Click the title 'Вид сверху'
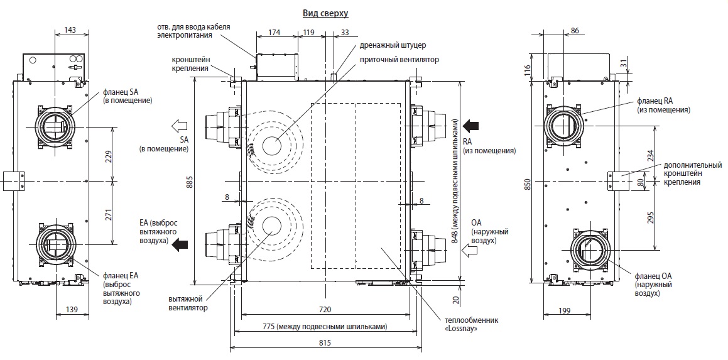pos(325,13)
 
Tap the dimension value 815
pos(325,343)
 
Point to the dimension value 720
pos(325,309)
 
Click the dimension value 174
pos(275,32)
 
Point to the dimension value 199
pos(564,310)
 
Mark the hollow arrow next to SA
pos(179,125)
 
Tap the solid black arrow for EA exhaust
pos(180,245)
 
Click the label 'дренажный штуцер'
pos(393,45)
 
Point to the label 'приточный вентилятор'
pos(399,60)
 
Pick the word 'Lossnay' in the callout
pos(462,329)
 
